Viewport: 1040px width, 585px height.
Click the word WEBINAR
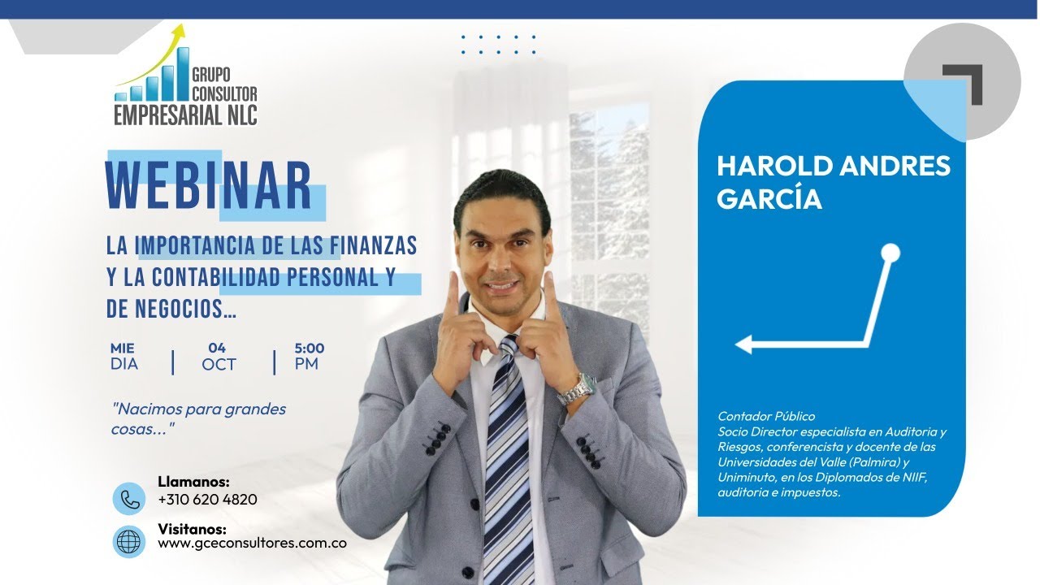(209, 187)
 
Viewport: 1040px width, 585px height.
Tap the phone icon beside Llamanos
(128, 498)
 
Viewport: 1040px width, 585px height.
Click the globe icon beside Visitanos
(128, 542)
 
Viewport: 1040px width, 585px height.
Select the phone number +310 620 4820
(207, 500)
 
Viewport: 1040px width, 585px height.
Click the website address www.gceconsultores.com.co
(252, 543)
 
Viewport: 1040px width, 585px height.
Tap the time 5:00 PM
(309, 356)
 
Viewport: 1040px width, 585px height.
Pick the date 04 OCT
(219, 356)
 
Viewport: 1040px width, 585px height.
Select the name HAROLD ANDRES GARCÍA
(833, 182)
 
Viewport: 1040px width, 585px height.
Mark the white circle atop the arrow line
(890, 253)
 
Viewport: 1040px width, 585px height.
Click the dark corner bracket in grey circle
(964, 82)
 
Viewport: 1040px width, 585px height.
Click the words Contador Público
(765, 417)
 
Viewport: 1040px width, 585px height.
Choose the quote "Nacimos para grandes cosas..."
(198, 418)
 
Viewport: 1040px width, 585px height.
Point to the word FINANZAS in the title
(374, 245)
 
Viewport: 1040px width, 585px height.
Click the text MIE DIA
(124, 356)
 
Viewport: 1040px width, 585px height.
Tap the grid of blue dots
(498, 45)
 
